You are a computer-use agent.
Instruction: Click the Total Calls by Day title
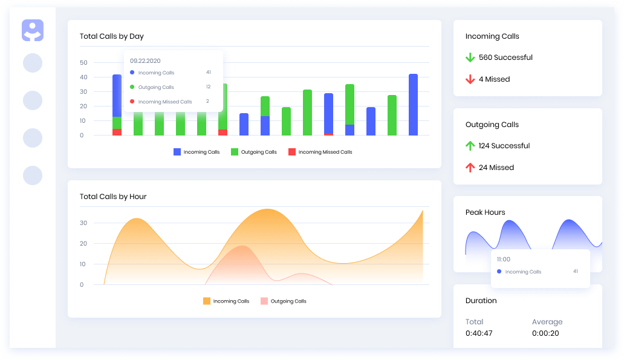(x=112, y=36)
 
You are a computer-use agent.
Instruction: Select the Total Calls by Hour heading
(x=113, y=197)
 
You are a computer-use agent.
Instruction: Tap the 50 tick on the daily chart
(x=83, y=63)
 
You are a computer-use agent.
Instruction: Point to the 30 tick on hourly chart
(x=83, y=223)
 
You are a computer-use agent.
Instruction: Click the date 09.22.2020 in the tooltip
(x=145, y=61)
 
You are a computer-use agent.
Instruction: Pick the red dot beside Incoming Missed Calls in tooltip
(x=132, y=102)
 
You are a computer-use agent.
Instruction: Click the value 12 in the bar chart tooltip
(x=208, y=87)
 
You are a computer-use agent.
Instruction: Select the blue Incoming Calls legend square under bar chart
(x=177, y=152)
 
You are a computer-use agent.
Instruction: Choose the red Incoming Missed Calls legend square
(x=292, y=152)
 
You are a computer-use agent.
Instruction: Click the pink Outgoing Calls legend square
(x=264, y=301)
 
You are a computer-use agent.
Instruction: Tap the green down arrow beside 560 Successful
(x=470, y=57)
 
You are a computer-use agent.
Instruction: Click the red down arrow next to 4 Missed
(x=470, y=79)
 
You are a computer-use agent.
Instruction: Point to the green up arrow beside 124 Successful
(x=470, y=146)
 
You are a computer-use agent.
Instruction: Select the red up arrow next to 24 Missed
(x=470, y=168)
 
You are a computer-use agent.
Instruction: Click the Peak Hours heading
(x=485, y=212)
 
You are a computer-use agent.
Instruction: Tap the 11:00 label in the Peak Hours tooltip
(x=503, y=260)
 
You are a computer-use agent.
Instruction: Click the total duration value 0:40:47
(x=479, y=333)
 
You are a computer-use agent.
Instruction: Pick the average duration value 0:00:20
(x=545, y=333)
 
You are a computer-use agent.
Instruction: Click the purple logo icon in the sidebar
(x=33, y=30)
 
